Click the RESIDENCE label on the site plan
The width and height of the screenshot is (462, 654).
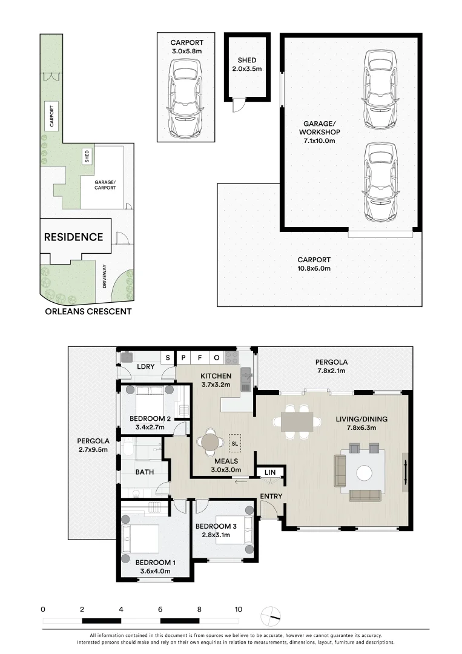(x=73, y=237)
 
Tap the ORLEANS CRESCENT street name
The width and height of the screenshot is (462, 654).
(x=88, y=312)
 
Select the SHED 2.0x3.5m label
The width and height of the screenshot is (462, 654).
(x=247, y=65)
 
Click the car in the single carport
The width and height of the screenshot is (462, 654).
(x=186, y=101)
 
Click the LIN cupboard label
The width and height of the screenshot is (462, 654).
(x=270, y=472)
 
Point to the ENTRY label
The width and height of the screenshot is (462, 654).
(x=271, y=497)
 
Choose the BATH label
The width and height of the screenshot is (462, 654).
(x=144, y=472)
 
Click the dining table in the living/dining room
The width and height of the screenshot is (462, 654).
(x=297, y=421)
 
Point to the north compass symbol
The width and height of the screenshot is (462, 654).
(x=271, y=616)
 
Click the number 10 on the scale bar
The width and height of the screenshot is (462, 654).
(x=239, y=609)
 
